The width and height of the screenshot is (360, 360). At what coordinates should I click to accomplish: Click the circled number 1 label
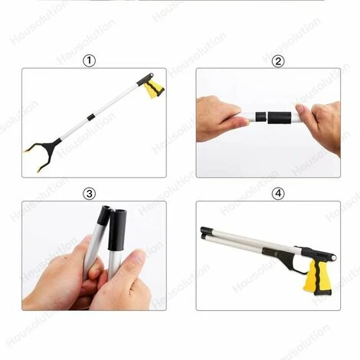91,61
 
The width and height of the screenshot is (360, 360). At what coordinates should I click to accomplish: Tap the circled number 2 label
277,61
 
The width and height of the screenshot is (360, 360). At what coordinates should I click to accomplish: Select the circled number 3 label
90,193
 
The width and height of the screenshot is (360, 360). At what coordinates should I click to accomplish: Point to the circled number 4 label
277,194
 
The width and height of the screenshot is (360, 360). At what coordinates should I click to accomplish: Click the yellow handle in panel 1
155,89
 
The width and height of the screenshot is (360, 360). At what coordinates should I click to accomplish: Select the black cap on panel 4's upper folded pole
206,230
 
